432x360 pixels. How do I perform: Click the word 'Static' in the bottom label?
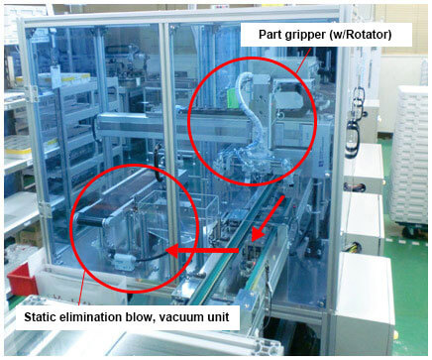pos(41,317)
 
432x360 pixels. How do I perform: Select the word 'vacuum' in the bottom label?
pos(181,317)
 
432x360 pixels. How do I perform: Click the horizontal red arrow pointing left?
pos(202,251)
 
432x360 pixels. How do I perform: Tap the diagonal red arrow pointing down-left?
pos(268,217)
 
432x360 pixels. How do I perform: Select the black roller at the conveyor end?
pos(90,218)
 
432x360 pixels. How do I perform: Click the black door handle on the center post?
pos(159,163)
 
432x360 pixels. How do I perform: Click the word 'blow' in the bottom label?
pos(138,317)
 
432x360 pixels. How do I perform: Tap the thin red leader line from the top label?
pos(303,60)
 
